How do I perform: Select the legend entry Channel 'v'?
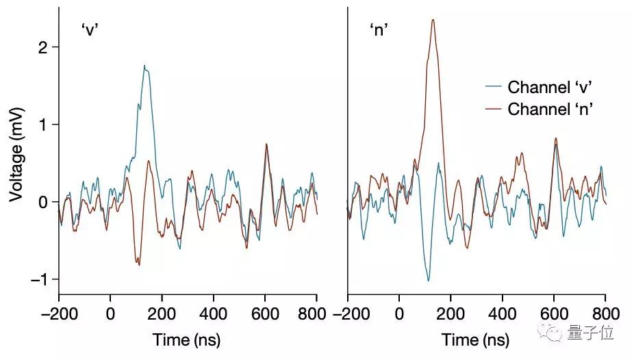coord(549,87)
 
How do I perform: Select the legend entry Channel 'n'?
coord(549,109)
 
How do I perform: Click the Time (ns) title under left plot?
coord(187,340)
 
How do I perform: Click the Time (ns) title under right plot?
coord(476,340)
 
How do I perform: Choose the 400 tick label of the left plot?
coord(213,314)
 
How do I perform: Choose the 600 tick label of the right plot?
coord(554,314)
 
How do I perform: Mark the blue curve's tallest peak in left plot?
coord(144,66)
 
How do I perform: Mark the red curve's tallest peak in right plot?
coord(433,20)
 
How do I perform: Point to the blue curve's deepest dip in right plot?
coord(429,281)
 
